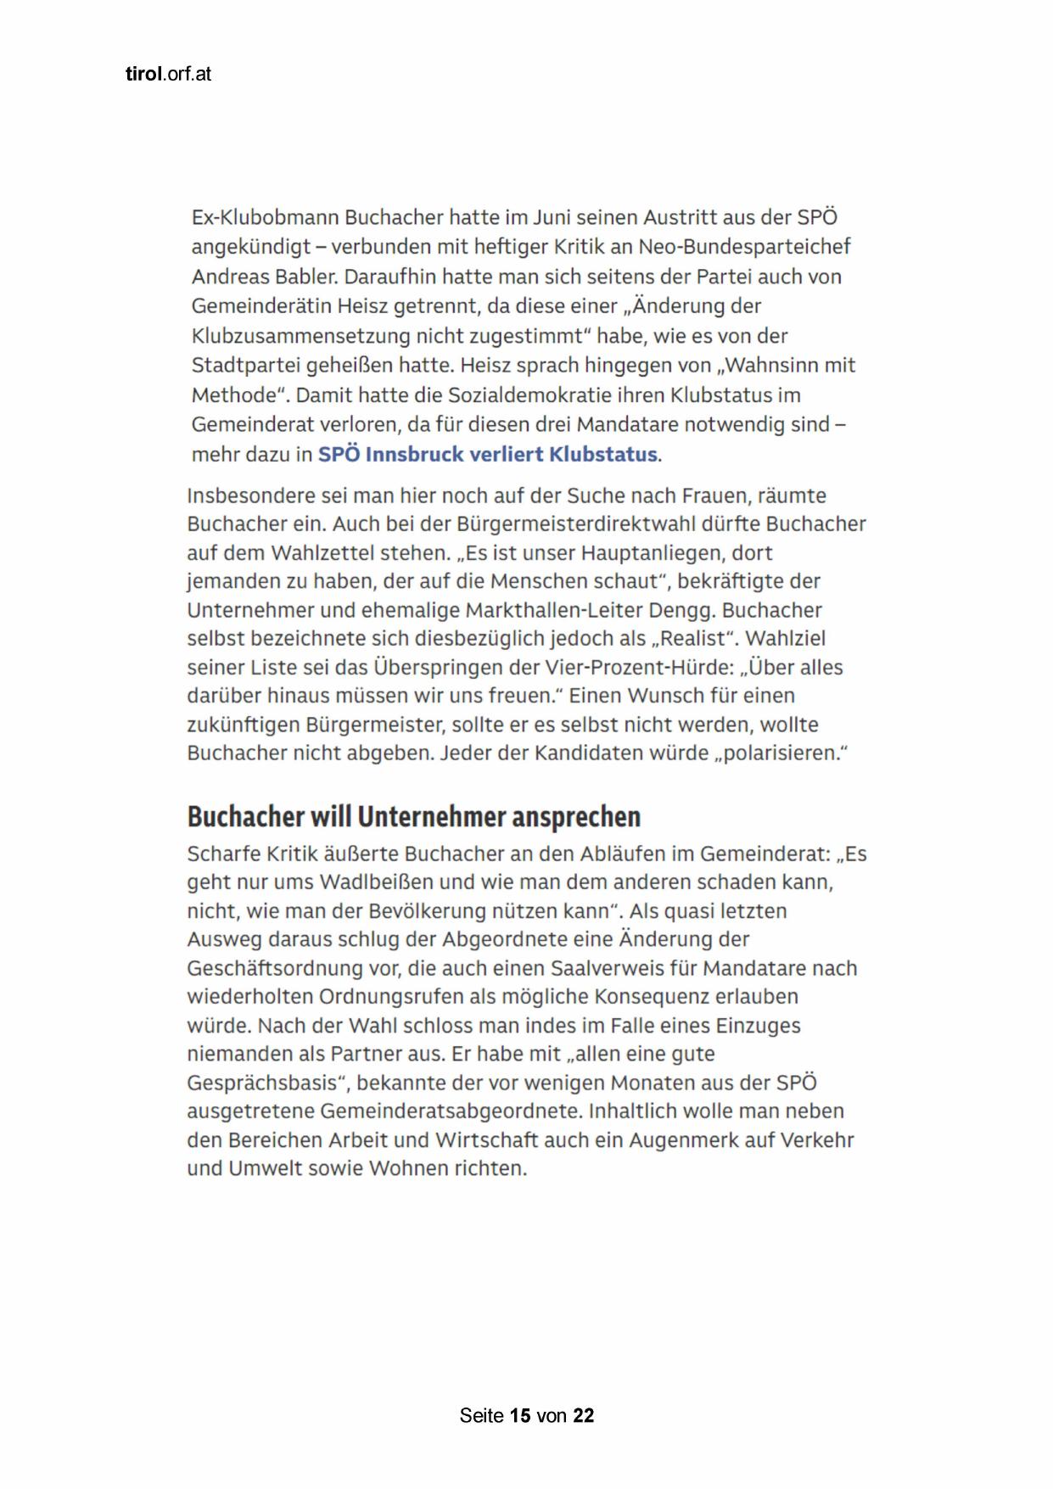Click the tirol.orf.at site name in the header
168,74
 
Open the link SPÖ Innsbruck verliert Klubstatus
487,455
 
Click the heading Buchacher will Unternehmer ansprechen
414,816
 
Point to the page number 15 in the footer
520,1415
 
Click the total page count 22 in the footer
583,1415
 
